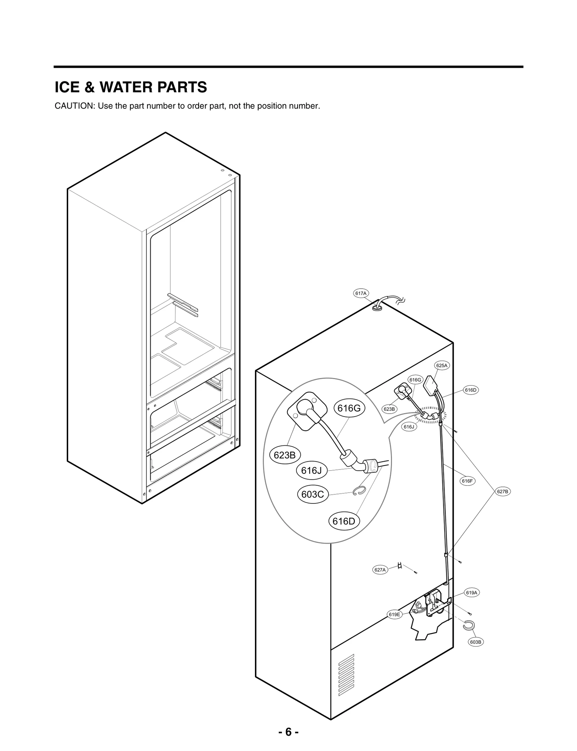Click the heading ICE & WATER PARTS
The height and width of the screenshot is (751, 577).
click(x=131, y=87)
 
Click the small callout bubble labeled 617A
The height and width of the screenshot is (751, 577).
click(x=361, y=293)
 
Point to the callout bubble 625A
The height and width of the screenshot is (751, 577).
click(x=442, y=365)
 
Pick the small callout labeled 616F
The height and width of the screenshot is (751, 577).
click(x=467, y=481)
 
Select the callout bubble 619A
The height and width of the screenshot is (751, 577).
click(x=471, y=592)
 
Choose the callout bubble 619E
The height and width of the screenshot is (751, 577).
click(x=395, y=614)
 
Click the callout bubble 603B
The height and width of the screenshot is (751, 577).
click(x=476, y=642)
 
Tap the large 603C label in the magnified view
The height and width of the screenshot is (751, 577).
click(x=313, y=494)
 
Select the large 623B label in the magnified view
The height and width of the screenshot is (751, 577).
click(x=285, y=455)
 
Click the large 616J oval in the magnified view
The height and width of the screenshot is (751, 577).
click(x=312, y=470)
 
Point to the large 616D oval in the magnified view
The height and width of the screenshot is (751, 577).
click(x=344, y=521)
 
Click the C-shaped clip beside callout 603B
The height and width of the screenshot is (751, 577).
click(x=469, y=626)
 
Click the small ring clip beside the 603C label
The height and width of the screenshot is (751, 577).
click(x=360, y=491)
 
